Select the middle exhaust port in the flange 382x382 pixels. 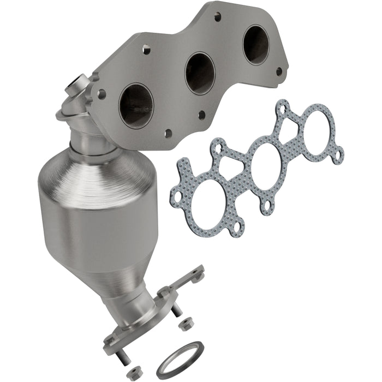tap(200, 73)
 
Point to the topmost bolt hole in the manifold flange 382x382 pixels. tap(217, 17)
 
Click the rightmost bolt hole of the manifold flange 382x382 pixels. tap(279, 71)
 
